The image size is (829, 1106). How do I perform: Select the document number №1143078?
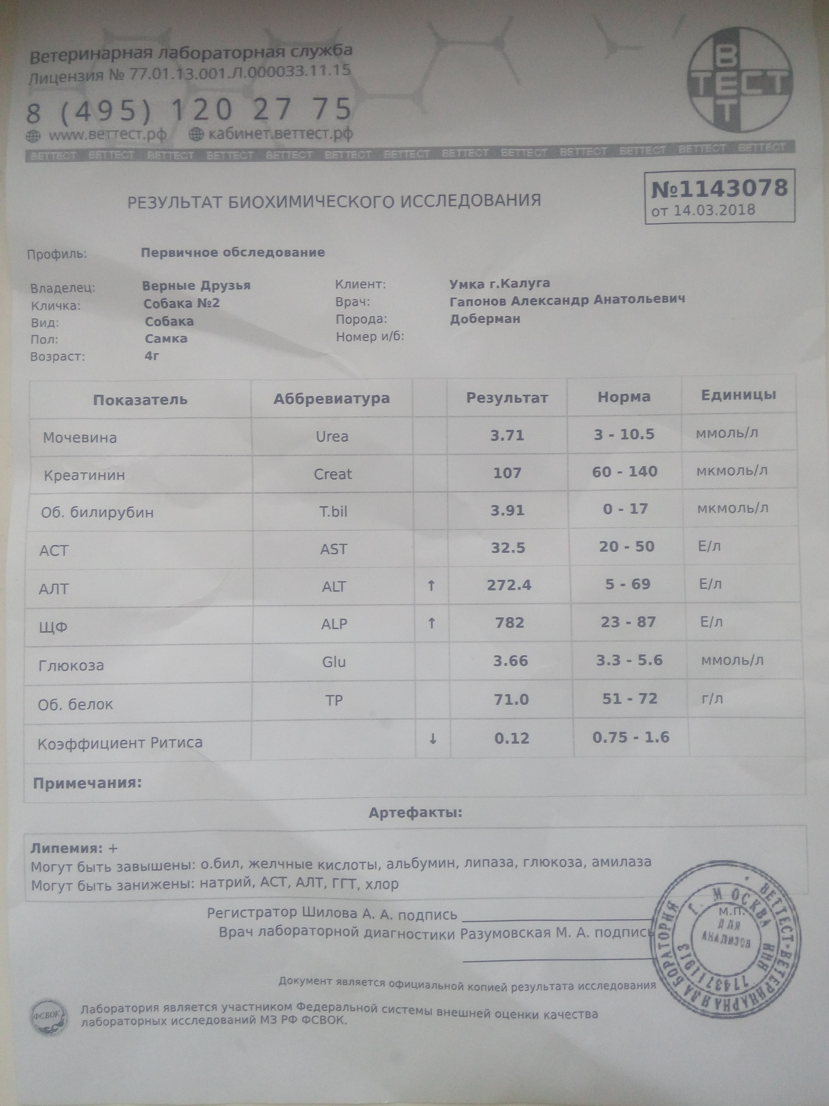coord(720,188)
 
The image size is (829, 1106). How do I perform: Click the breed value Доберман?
coord(485,319)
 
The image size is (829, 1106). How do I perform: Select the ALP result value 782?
coord(509,623)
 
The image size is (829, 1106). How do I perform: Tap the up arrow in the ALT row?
coord(431,585)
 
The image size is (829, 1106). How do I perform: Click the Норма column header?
coord(624,397)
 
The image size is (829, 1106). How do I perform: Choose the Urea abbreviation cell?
coord(332,436)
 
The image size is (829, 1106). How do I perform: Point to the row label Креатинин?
coord(84,475)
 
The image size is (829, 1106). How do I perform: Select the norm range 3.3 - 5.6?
coord(629,660)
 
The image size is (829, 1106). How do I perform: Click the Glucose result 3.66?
coord(510,661)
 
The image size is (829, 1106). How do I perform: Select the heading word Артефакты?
coord(415,813)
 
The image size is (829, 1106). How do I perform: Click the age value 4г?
coord(152,356)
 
